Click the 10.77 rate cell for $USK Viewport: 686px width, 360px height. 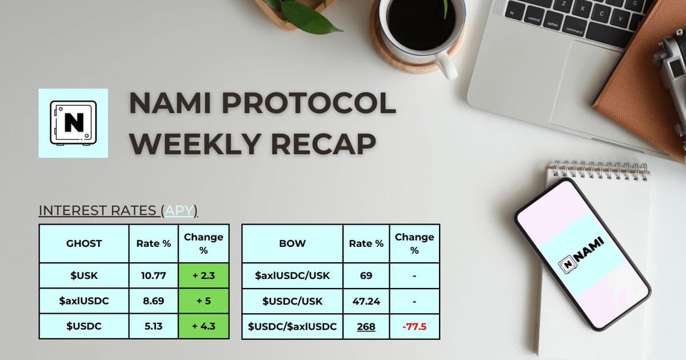tap(153, 275)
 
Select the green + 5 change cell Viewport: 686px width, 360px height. tap(204, 301)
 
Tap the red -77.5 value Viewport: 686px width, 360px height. tap(414, 327)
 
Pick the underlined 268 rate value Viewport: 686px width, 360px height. tap(366, 327)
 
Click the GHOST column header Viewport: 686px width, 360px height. tap(84, 243)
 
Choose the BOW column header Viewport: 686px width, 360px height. tap(292, 243)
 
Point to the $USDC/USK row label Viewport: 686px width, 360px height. tap(292, 302)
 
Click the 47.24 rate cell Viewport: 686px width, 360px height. tap(366, 301)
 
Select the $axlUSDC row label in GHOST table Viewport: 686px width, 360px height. tap(84, 301)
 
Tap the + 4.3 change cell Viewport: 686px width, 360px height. tap(204, 326)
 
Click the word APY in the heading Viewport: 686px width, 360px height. tap(179, 211)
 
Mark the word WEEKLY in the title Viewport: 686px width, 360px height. tap(196, 144)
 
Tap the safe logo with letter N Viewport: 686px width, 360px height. tap(73, 123)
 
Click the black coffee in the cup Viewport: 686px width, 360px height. tap(421, 24)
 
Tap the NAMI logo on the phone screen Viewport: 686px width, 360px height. tap(581, 255)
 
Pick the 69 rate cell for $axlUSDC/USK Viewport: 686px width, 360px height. tap(366, 275)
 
